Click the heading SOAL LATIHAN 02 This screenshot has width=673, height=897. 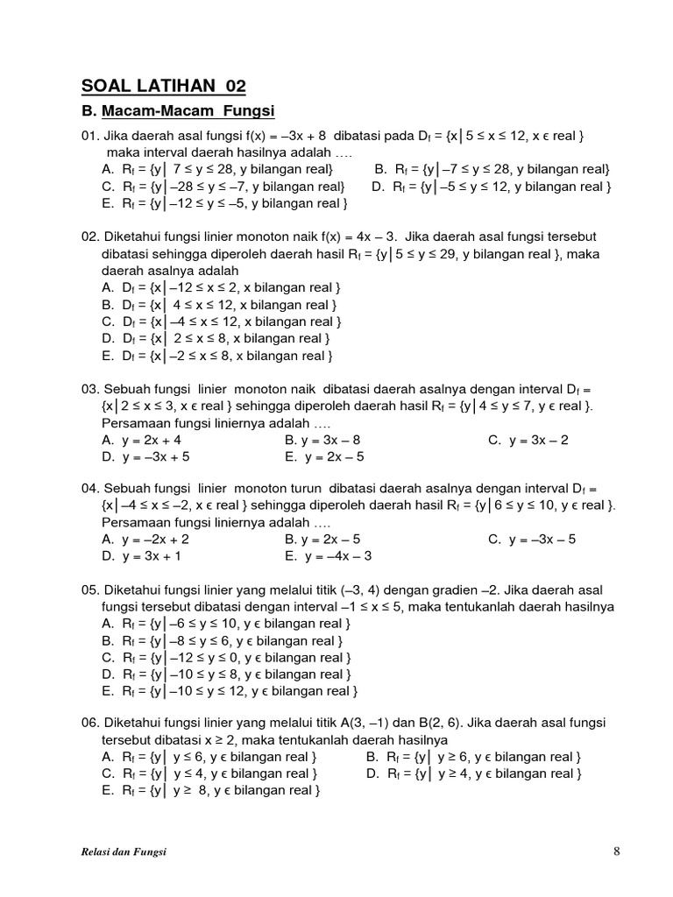coord(164,85)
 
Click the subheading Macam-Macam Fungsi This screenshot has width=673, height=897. coord(188,111)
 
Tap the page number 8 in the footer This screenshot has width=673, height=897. coord(617,851)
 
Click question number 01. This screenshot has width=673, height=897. coord(90,136)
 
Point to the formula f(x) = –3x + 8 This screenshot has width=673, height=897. coord(284,136)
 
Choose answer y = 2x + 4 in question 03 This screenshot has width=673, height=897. coord(151,441)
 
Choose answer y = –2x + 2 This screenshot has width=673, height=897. coord(154,540)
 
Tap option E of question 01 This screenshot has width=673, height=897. coord(224,203)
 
